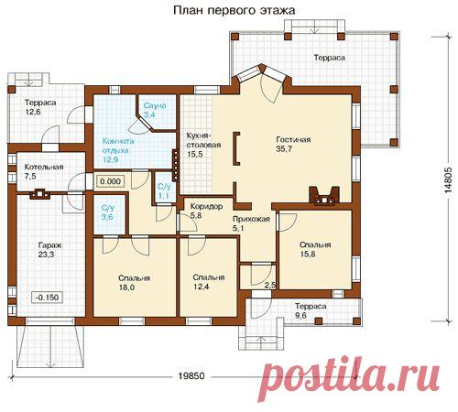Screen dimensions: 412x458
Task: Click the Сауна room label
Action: [151, 105]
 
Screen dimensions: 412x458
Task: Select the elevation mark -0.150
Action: [45, 298]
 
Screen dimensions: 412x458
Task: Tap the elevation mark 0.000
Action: [110, 182]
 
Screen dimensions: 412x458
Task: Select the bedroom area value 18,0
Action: [125, 287]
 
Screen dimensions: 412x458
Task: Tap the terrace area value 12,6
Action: [33, 113]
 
